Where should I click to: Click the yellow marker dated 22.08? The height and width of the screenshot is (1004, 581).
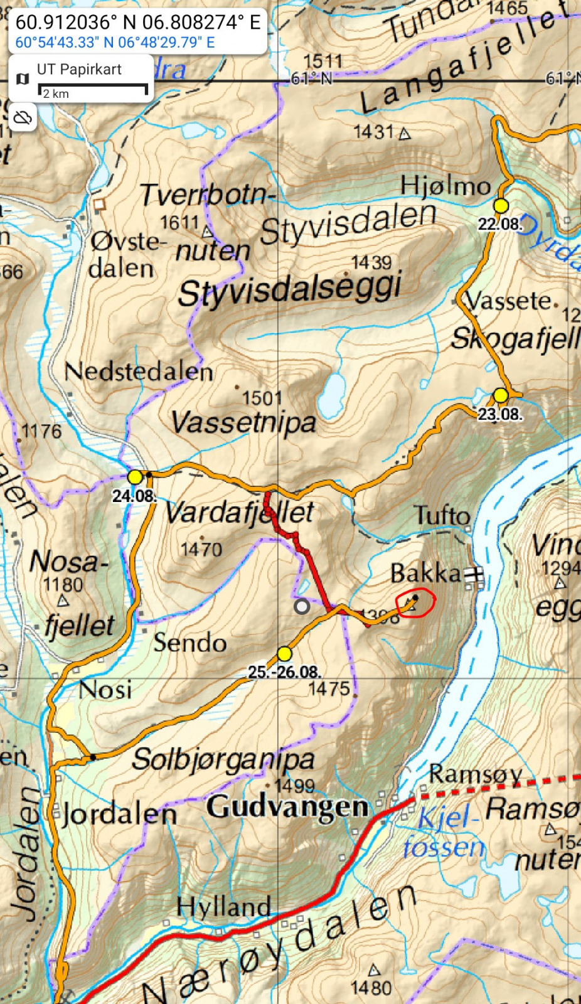(500, 206)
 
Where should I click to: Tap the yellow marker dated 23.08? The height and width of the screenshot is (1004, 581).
(500, 395)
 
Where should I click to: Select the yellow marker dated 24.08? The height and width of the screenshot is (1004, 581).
(135, 477)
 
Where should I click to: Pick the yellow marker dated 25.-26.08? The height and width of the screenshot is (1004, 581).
(284, 654)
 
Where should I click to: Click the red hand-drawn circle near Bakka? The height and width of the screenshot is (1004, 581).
(416, 603)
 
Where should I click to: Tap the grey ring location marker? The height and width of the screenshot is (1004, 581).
(302, 606)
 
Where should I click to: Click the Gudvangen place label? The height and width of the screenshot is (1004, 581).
(287, 807)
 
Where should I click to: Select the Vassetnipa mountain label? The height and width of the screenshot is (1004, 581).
(243, 422)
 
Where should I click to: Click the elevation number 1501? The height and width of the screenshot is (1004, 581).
(262, 398)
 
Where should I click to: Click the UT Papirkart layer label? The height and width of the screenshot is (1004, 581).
(79, 70)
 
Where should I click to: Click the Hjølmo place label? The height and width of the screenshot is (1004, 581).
(445, 186)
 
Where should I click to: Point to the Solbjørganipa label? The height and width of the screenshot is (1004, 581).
(223, 760)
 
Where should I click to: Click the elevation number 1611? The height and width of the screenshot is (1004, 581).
(179, 223)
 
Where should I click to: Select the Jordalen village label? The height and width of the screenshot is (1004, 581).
(119, 815)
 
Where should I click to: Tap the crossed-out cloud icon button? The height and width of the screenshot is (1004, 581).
(23, 117)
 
